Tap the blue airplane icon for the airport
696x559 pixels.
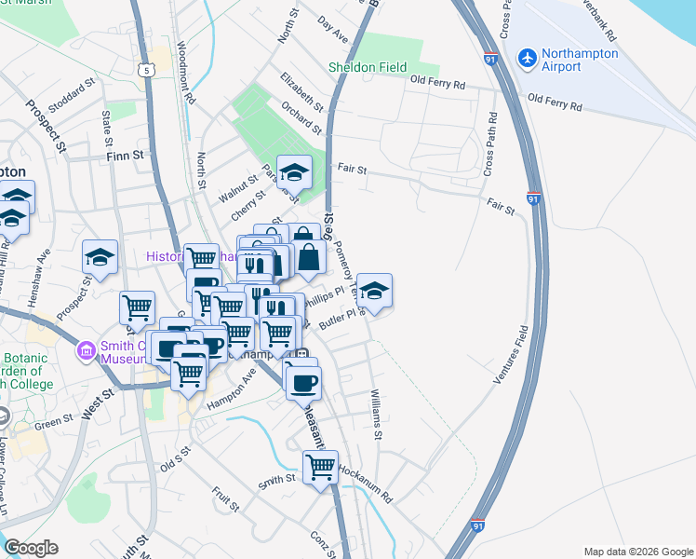pos(528,58)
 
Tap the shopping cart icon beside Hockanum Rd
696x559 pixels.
pos(320,466)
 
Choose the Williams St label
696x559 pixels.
pos(377,415)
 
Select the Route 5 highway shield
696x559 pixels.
pos(145,69)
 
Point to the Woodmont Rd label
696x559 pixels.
pos(184,74)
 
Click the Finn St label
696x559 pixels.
pos(127,156)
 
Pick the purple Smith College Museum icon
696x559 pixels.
pos(86,351)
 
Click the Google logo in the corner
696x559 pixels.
pos(31,548)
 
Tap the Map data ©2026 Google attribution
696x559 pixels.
pos(637,552)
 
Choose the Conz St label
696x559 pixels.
pos(321,541)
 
